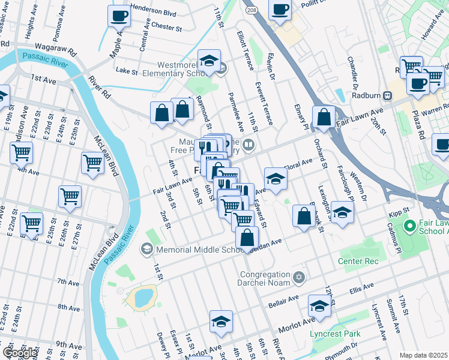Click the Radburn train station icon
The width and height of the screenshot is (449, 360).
388,95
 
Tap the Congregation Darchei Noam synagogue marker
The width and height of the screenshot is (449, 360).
300,278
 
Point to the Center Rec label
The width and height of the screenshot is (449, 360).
358,261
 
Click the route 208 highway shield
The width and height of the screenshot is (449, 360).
252,11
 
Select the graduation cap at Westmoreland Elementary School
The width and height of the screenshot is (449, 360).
209,61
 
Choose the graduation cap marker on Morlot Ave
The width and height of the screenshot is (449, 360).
221,323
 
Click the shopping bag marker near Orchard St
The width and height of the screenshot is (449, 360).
324,117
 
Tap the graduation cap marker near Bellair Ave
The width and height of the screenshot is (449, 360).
319,307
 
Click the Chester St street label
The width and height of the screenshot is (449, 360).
166,28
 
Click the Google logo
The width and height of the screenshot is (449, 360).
19,352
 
